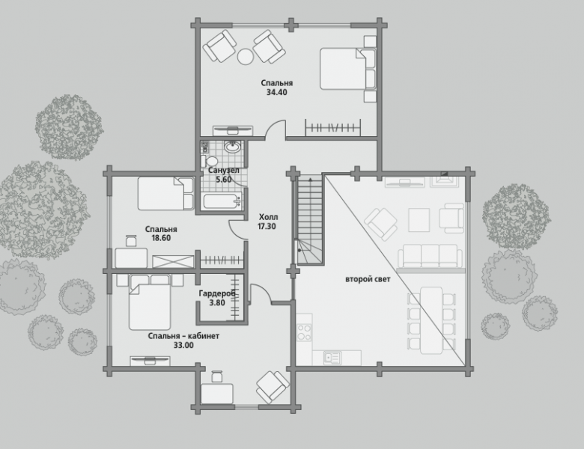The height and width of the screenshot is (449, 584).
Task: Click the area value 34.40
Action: coord(277,92)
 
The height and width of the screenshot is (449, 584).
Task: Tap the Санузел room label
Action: coord(223,171)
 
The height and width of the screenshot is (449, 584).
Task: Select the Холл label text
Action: coord(269,217)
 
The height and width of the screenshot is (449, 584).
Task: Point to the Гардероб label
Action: coord(217,293)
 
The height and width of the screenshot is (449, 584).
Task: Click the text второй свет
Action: coord(368,279)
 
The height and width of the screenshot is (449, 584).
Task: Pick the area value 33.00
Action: coord(183,346)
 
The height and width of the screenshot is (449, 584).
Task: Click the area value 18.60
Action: coord(161,238)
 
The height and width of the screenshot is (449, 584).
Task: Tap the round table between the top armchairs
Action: coord(246,57)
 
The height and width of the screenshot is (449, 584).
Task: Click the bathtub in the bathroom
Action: coord(222,201)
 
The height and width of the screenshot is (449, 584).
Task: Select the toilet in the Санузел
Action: coord(210,161)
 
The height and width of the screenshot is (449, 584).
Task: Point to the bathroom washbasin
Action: coord(233,147)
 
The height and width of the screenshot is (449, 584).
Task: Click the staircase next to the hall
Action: coord(308,220)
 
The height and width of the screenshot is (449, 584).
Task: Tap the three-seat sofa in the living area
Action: coord(431,256)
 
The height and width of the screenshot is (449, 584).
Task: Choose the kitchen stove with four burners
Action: coord(304,332)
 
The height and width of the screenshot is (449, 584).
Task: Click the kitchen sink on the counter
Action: coord(332,358)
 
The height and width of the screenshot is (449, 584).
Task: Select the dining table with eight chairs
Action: coord(431,320)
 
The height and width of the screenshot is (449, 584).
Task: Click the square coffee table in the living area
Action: coord(419,220)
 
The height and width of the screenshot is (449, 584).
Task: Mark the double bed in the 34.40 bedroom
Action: coord(347,69)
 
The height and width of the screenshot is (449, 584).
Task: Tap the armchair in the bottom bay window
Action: coord(273,387)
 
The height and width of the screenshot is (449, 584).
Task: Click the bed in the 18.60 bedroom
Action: coord(165,194)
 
